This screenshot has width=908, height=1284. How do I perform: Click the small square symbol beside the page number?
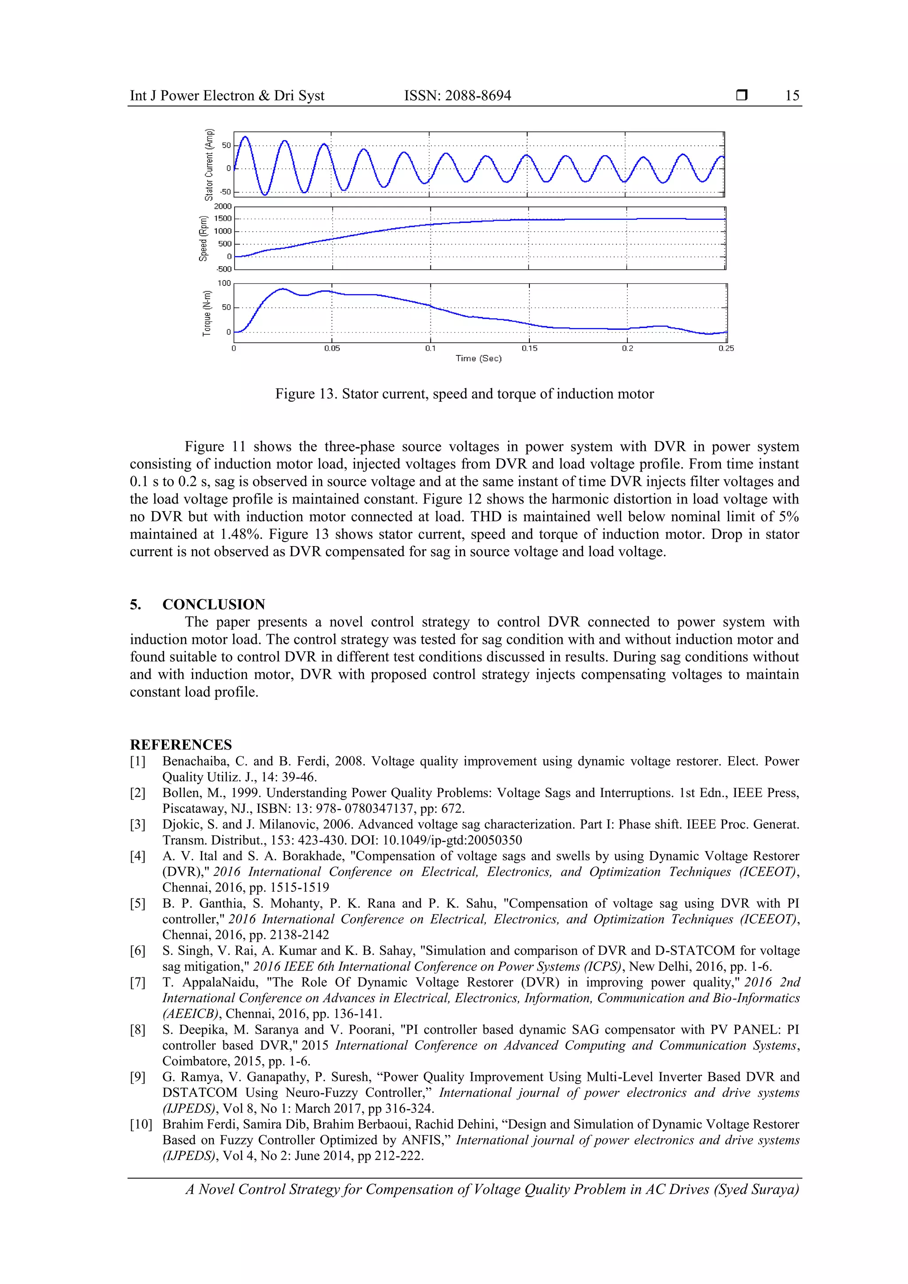(x=741, y=96)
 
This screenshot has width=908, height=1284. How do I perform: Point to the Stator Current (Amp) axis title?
(x=209, y=164)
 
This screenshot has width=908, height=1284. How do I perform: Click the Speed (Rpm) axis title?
(x=203, y=238)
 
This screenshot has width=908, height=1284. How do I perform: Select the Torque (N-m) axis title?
(x=207, y=313)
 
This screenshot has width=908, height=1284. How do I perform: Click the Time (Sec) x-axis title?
(x=478, y=359)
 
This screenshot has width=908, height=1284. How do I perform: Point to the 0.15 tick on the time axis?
(x=529, y=348)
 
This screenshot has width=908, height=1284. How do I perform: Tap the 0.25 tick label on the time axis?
(x=726, y=348)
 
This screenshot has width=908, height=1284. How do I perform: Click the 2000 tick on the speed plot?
(x=223, y=207)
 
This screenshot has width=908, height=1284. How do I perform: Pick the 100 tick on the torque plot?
(x=224, y=283)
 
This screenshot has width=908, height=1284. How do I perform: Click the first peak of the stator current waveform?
(x=245, y=137)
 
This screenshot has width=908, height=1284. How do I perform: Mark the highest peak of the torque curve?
(x=282, y=289)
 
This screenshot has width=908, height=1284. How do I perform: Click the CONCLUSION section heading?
(x=213, y=605)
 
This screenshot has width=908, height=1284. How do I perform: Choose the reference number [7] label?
(x=137, y=983)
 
